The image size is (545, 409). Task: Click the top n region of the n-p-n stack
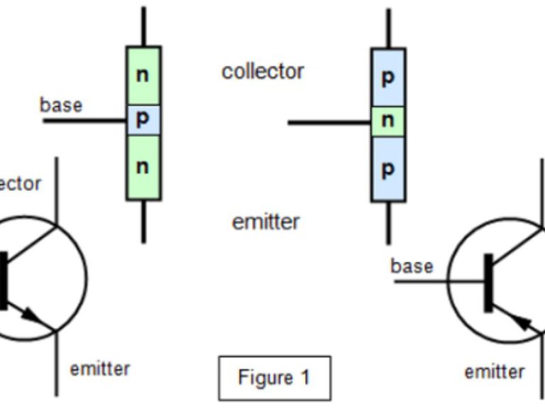pyautogui.click(x=143, y=75)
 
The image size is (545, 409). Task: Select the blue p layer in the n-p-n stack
pyautogui.click(x=143, y=120)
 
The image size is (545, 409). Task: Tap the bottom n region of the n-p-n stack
pyautogui.click(x=143, y=168)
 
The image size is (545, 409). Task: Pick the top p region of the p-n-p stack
pyautogui.click(x=387, y=77)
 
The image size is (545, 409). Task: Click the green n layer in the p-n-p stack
pyautogui.click(x=387, y=121)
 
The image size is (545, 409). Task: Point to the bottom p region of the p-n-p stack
pyautogui.click(x=387, y=170)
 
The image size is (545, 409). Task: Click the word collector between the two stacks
pyautogui.click(x=263, y=71)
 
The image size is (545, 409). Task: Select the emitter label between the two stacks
pyautogui.click(x=265, y=222)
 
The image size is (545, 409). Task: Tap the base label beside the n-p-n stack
pyautogui.click(x=61, y=105)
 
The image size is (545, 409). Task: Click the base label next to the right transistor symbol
pyautogui.click(x=412, y=266)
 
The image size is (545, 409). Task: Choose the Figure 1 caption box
pyautogui.click(x=274, y=378)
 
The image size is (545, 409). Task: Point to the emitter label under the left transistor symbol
pyautogui.click(x=100, y=369)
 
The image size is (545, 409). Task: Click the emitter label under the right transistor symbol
pyautogui.click(x=495, y=371)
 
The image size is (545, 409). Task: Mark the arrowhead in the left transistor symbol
pyautogui.click(x=33, y=314)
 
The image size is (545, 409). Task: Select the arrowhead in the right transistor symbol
pyautogui.click(x=524, y=323)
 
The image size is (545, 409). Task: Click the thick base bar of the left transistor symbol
pyautogui.click(x=4, y=280)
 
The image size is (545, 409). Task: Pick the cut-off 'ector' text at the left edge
pyautogui.click(x=21, y=183)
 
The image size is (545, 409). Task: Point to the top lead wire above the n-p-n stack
pyautogui.click(x=143, y=27)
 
